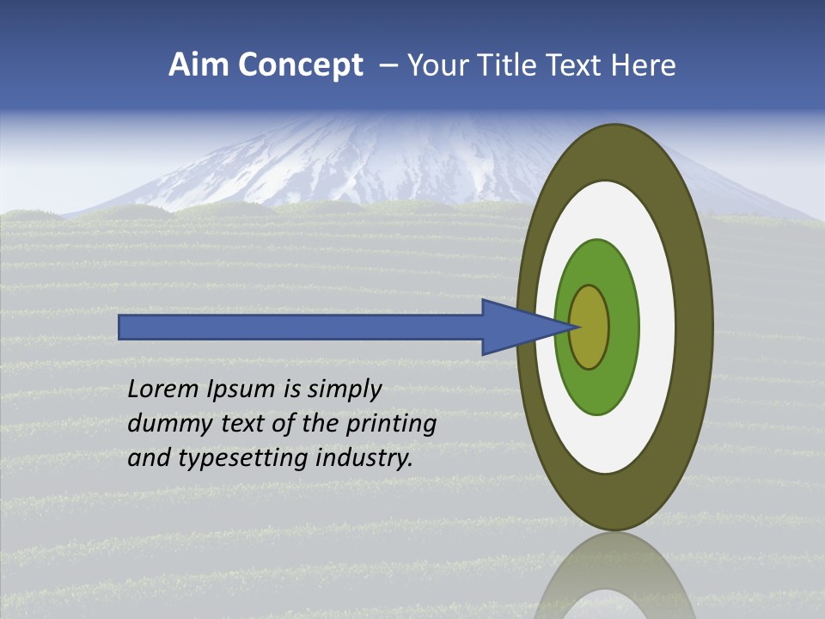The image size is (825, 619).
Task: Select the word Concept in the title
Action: [x=300, y=65]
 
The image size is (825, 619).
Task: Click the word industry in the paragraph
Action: [x=364, y=459]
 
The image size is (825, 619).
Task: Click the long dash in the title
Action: [x=388, y=65]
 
